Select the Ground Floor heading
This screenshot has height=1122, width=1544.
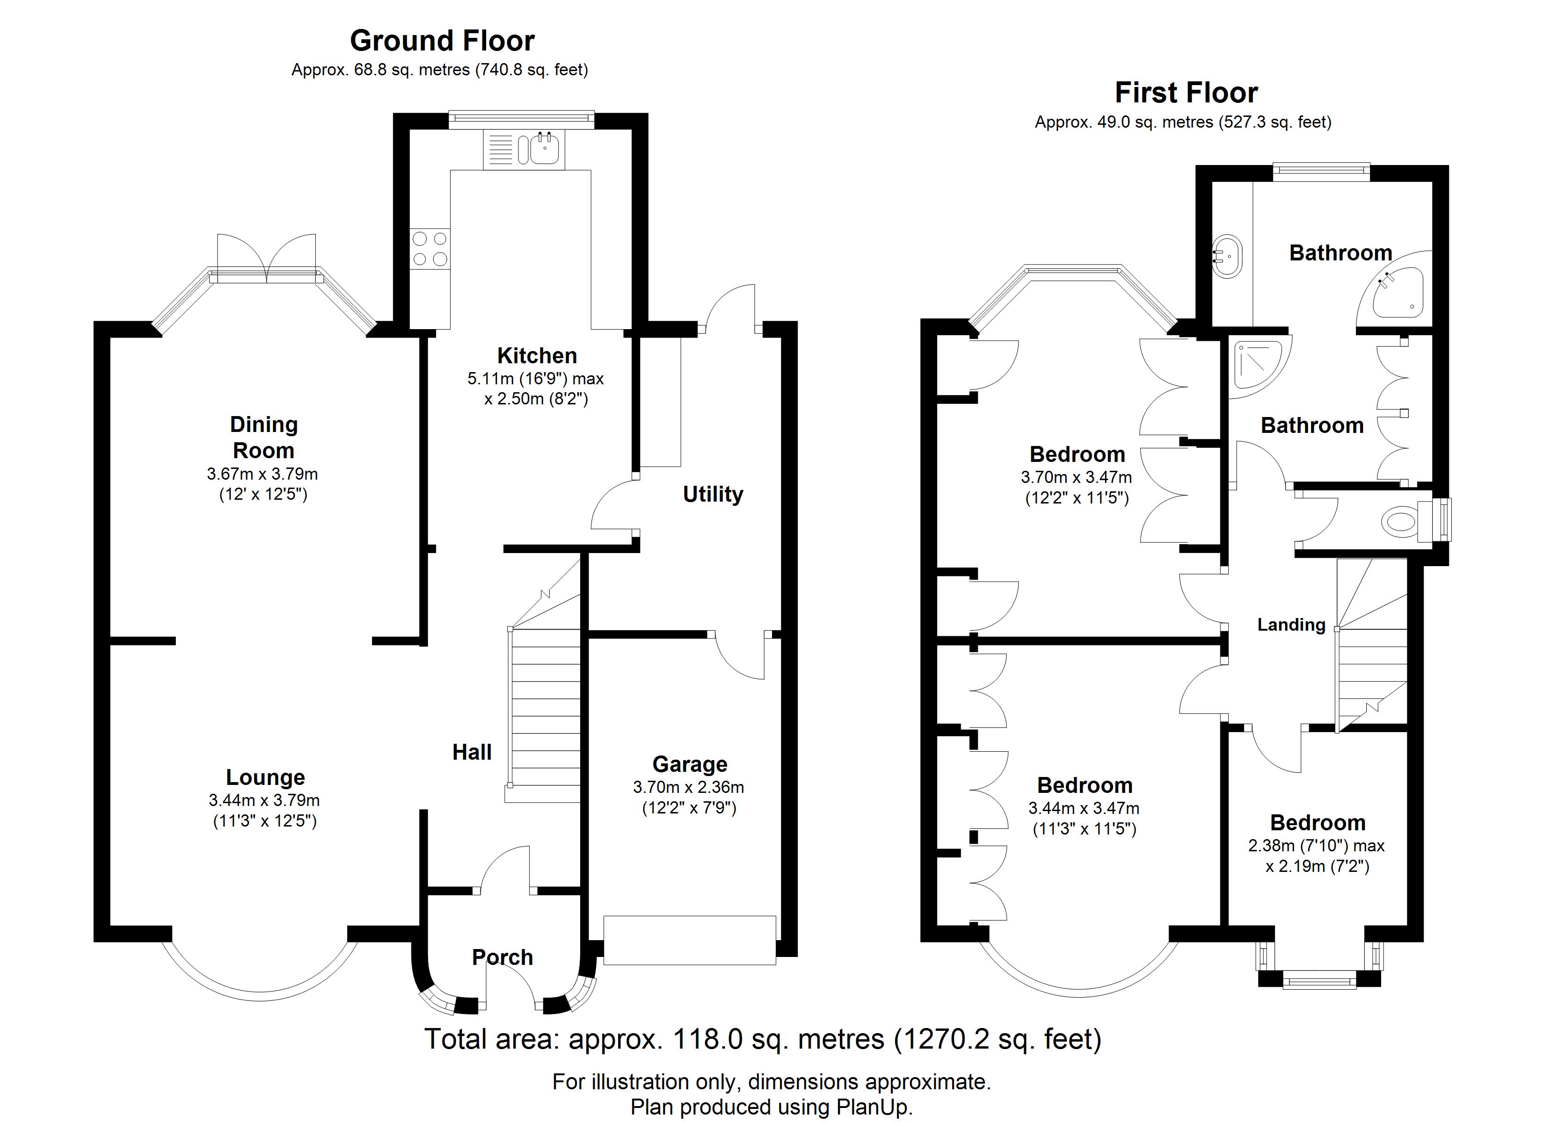tap(443, 41)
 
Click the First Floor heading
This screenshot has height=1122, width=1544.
tap(1186, 93)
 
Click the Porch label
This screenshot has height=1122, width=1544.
tap(503, 957)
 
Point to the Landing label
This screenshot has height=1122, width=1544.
tap(1291, 625)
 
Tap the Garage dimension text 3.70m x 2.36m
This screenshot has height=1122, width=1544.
tap(688, 787)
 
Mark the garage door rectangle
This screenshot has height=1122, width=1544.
tap(690, 940)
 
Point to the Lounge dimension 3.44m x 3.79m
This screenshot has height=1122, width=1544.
tap(264, 800)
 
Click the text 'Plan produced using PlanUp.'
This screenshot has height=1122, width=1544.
tap(772, 1107)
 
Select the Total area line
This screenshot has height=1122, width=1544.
tap(763, 1039)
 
